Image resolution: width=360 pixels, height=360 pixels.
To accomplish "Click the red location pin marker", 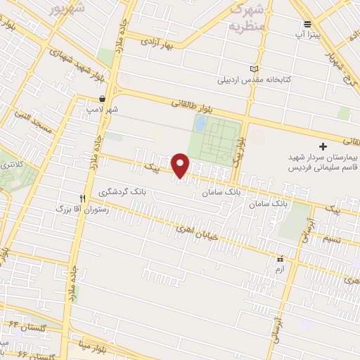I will (181, 165).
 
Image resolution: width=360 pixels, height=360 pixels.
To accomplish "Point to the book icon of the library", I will (254, 68).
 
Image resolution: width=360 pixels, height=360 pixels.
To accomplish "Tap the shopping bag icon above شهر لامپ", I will (103, 99).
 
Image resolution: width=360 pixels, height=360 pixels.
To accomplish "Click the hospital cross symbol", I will (323, 146).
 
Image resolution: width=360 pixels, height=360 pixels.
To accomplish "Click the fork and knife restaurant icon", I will (82, 199).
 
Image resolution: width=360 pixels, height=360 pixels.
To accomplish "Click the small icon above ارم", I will (281, 259).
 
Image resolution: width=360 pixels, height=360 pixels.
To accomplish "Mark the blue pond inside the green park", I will (200, 124).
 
